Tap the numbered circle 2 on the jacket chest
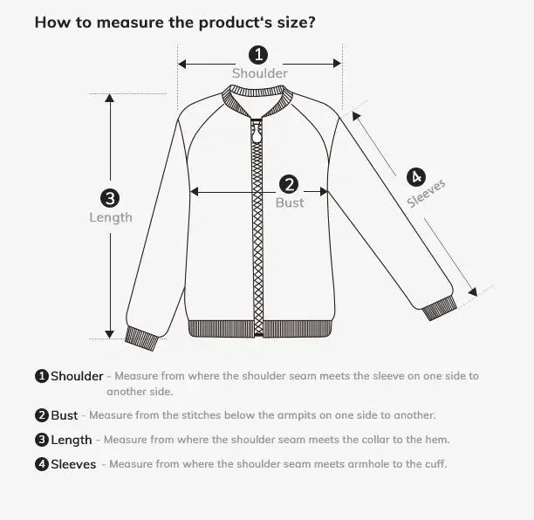click(290, 184)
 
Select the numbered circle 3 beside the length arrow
click(110, 198)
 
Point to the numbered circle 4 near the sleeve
click(415, 177)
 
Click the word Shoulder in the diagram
click(259, 74)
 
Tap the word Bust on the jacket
click(290, 202)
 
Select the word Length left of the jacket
click(111, 217)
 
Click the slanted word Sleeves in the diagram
click(427, 194)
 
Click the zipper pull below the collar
click(257, 134)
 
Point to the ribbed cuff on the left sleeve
click(142, 338)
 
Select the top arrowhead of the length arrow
click(110, 98)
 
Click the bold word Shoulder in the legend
click(77, 377)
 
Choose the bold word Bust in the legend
click(64, 416)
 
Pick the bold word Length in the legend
click(71, 441)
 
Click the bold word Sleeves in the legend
click(73, 465)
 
